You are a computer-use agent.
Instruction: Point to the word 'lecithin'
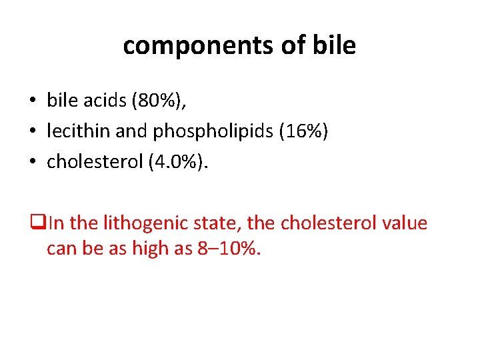(79, 131)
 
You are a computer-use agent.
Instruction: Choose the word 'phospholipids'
(213, 132)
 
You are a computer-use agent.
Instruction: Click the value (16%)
(303, 131)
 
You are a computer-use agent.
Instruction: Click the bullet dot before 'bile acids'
(32, 101)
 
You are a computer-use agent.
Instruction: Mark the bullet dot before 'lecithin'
(32, 132)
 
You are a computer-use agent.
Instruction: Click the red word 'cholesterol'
(322, 223)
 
